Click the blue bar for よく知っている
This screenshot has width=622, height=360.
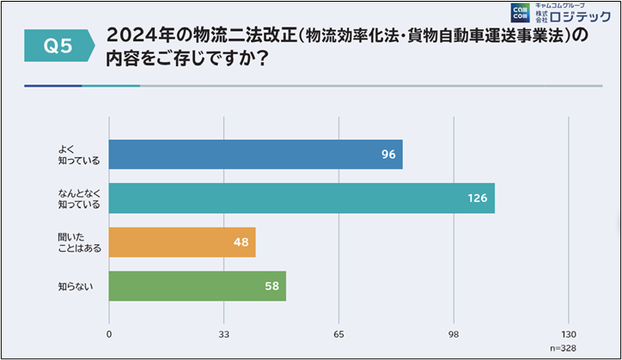click(x=256, y=155)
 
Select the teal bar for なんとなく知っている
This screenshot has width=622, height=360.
click(x=301, y=198)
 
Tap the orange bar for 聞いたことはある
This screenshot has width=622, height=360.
click(x=182, y=242)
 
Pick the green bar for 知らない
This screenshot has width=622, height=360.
click(x=198, y=286)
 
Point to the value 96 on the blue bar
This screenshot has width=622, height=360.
click(x=388, y=155)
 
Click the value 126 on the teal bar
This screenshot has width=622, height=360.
click(x=477, y=198)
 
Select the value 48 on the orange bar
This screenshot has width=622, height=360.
click(x=241, y=242)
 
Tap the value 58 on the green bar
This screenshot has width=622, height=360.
click(x=271, y=286)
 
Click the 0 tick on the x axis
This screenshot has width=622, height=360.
click(x=109, y=333)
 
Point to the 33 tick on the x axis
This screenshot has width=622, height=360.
click(x=223, y=333)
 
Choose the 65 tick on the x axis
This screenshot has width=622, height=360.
click(x=338, y=333)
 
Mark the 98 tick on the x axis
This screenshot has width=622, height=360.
click(x=454, y=333)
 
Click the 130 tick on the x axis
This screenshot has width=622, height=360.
click(x=568, y=333)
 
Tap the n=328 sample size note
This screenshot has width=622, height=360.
click(x=564, y=349)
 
